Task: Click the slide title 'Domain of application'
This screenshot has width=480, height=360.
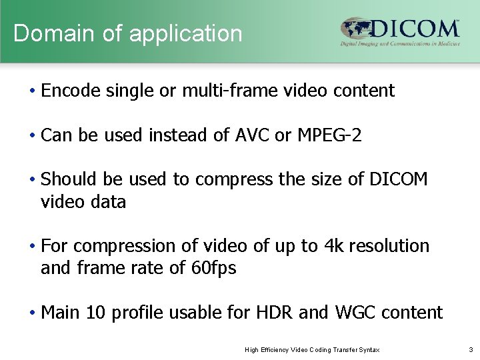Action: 128,33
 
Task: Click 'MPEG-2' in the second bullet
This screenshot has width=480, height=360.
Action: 329,135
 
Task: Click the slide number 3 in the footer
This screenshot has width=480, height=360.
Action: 471,349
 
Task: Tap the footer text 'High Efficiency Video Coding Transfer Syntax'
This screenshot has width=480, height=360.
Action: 313,349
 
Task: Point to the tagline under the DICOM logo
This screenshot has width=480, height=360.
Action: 400,43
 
